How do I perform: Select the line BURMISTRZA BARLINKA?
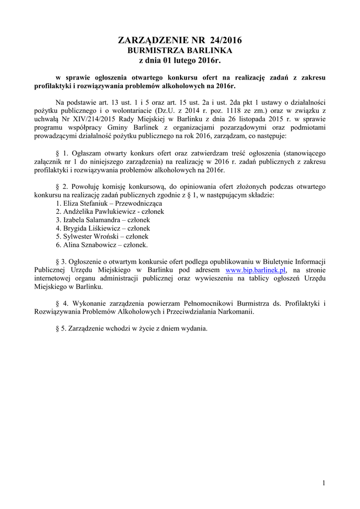click(x=180, y=51)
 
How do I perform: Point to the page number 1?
click(x=323, y=483)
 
